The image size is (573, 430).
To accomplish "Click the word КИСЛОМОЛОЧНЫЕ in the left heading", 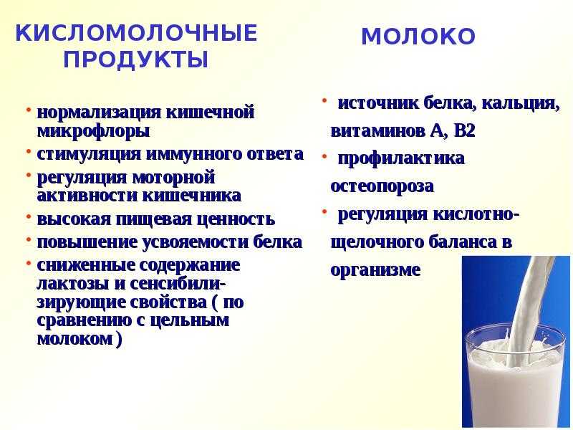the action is point(136,33).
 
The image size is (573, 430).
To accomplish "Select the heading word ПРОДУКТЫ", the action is point(136,59).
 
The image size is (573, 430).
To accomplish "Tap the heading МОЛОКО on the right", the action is point(418,37).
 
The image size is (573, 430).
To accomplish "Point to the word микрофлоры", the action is point(94,131).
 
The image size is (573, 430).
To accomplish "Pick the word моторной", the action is point(173,177).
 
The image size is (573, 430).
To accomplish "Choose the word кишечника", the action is point(191,195).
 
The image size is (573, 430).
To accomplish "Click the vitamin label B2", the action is point(464,131).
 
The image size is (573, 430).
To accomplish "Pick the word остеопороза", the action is point(382,186).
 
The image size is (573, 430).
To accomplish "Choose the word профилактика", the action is point(401,159).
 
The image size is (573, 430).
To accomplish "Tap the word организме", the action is point(375,270).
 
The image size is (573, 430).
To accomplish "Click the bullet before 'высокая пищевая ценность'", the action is point(29,217).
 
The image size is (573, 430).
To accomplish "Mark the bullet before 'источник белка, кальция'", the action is point(324,100).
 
